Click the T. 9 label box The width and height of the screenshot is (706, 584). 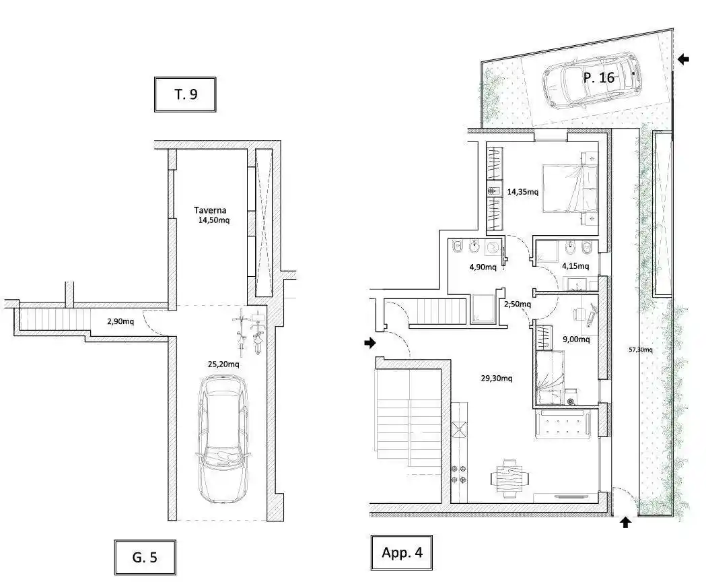(x=185, y=94)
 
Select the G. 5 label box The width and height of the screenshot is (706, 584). (x=145, y=558)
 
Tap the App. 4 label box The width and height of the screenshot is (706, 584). (x=402, y=552)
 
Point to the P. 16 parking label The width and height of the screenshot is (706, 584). (x=599, y=77)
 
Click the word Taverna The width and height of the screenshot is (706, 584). (x=210, y=210)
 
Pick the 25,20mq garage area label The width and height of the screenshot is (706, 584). (x=223, y=364)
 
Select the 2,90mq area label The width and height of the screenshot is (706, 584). (x=120, y=321)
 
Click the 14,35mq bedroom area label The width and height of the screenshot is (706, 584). (x=523, y=191)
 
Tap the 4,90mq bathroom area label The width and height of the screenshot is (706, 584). (x=483, y=267)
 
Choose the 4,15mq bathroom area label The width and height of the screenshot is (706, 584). (x=575, y=266)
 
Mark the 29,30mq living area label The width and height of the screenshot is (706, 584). (x=497, y=378)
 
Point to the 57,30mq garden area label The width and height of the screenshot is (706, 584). (x=640, y=349)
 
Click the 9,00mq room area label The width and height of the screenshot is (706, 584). (x=576, y=339)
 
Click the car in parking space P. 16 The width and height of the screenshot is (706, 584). (x=592, y=79)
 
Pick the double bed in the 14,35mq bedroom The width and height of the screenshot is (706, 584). (x=569, y=188)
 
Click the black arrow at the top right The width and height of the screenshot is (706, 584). (x=684, y=59)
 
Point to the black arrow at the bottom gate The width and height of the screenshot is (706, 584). (x=625, y=522)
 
